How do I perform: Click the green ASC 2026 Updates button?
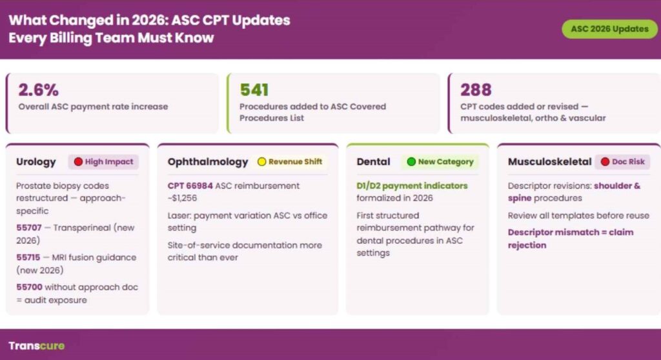coord(609,29)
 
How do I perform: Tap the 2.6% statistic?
coord(38,90)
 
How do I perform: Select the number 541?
coord(254,90)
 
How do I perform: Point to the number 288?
coord(476,90)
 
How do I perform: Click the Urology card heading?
coord(36,162)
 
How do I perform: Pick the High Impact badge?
coord(103,162)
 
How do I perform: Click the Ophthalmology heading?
coord(208,162)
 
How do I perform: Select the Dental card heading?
coord(373,162)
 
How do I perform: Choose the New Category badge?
coord(440,162)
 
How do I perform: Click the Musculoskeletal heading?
coord(550,162)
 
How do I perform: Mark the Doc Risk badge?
coord(622,162)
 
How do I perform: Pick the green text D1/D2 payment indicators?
coord(412,186)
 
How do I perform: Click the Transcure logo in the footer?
coord(36,345)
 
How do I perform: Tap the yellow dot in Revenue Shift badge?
coord(262,162)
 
